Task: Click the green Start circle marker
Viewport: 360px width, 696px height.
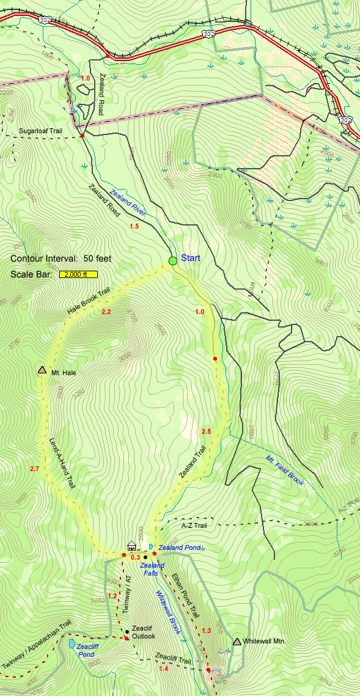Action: (x=173, y=261)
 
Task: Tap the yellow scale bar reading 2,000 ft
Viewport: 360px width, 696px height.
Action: (x=78, y=274)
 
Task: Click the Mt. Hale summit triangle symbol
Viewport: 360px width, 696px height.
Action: (x=42, y=370)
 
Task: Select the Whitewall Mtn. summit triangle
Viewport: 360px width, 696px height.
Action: (x=237, y=641)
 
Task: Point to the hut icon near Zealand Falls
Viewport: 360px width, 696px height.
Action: (x=131, y=545)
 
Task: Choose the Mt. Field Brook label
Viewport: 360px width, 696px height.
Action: (x=285, y=471)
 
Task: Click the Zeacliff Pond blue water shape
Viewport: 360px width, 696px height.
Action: (x=73, y=644)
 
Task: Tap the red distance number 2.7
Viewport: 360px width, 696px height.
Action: (x=34, y=469)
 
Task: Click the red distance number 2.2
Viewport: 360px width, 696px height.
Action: (x=106, y=312)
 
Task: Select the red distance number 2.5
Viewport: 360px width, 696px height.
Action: (x=206, y=432)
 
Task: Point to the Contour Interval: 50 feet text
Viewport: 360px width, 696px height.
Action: (x=61, y=258)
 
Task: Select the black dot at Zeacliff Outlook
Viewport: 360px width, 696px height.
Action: (x=127, y=631)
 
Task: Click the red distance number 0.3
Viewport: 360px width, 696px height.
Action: (x=135, y=557)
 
